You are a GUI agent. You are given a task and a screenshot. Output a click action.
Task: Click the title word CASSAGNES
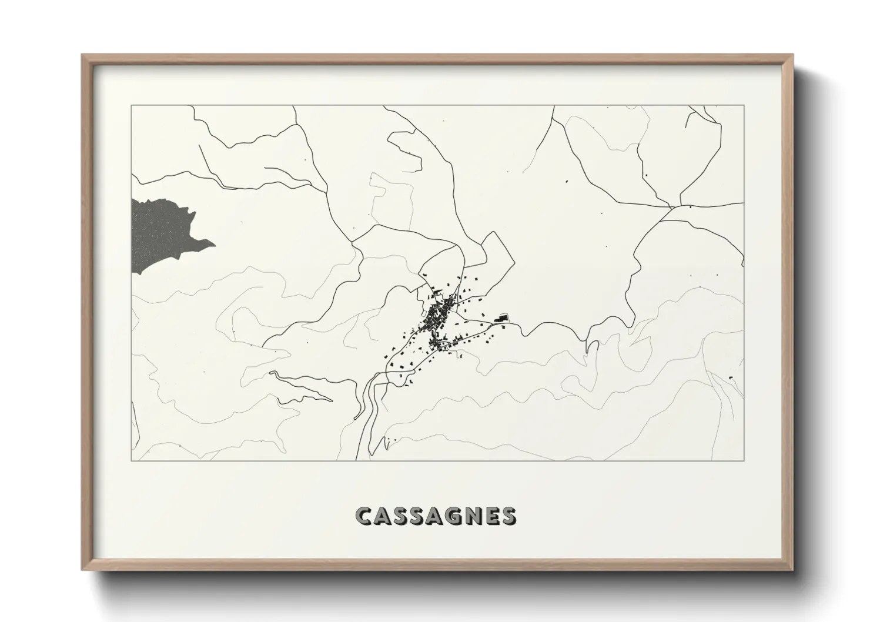(x=436, y=516)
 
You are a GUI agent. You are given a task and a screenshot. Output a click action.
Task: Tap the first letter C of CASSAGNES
(x=363, y=516)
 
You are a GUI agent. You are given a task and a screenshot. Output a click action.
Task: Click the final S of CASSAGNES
(x=509, y=516)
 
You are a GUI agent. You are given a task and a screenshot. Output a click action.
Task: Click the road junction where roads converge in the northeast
(x=672, y=207)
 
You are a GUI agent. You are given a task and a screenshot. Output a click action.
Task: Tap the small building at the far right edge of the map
(x=731, y=376)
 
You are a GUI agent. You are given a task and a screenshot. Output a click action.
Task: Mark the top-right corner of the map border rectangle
(x=744, y=105)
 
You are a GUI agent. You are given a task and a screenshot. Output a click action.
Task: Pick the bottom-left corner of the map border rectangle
(x=131, y=460)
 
